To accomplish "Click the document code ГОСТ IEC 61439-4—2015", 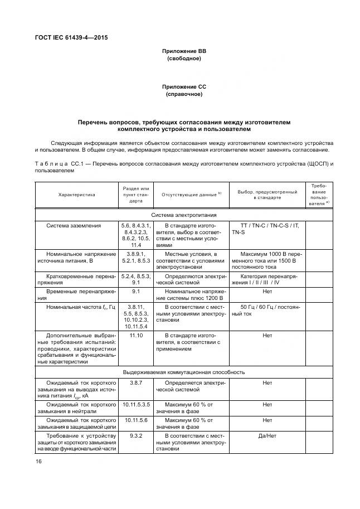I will [x=71, y=38].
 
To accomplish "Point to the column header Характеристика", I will [x=77, y=195].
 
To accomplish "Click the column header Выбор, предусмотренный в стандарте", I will [x=267, y=195].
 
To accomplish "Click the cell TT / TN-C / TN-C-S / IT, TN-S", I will [x=267, y=228].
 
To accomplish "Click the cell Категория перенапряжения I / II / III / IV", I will [x=267, y=279].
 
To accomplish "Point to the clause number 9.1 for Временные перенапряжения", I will [x=135, y=291].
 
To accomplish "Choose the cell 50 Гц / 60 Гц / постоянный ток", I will [x=267, y=310].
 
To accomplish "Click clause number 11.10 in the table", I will [x=135, y=336].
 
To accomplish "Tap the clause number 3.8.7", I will [x=135, y=383].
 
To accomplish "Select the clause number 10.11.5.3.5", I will [x=135, y=404].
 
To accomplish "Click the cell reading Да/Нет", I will [x=267, y=435].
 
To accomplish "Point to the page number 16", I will [x=38, y=461].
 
